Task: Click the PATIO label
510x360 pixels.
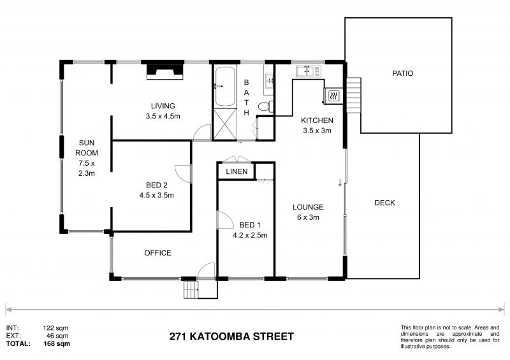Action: pyautogui.click(x=402, y=73)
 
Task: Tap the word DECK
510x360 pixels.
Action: pyautogui.click(x=384, y=203)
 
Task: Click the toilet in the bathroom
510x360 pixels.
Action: pyautogui.click(x=269, y=105)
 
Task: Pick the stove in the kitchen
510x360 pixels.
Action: pyautogui.click(x=333, y=96)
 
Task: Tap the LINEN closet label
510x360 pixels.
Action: pyautogui.click(x=237, y=172)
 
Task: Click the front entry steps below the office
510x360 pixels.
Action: pyautogui.click(x=191, y=291)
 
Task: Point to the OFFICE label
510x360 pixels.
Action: pyautogui.click(x=157, y=253)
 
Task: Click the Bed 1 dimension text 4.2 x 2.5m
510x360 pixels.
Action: pyautogui.click(x=250, y=235)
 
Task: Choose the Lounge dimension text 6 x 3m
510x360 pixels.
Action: pyautogui.click(x=309, y=217)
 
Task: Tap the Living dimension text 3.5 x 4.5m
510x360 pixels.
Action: pyautogui.click(x=163, y=116)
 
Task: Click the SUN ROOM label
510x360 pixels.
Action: pyautogui.click(x=87, y=148)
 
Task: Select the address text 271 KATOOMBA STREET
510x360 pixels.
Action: pyautogui.click(x=231, y=336)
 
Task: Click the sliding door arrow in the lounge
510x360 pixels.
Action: pyautogui.click(x=340, y=184)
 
